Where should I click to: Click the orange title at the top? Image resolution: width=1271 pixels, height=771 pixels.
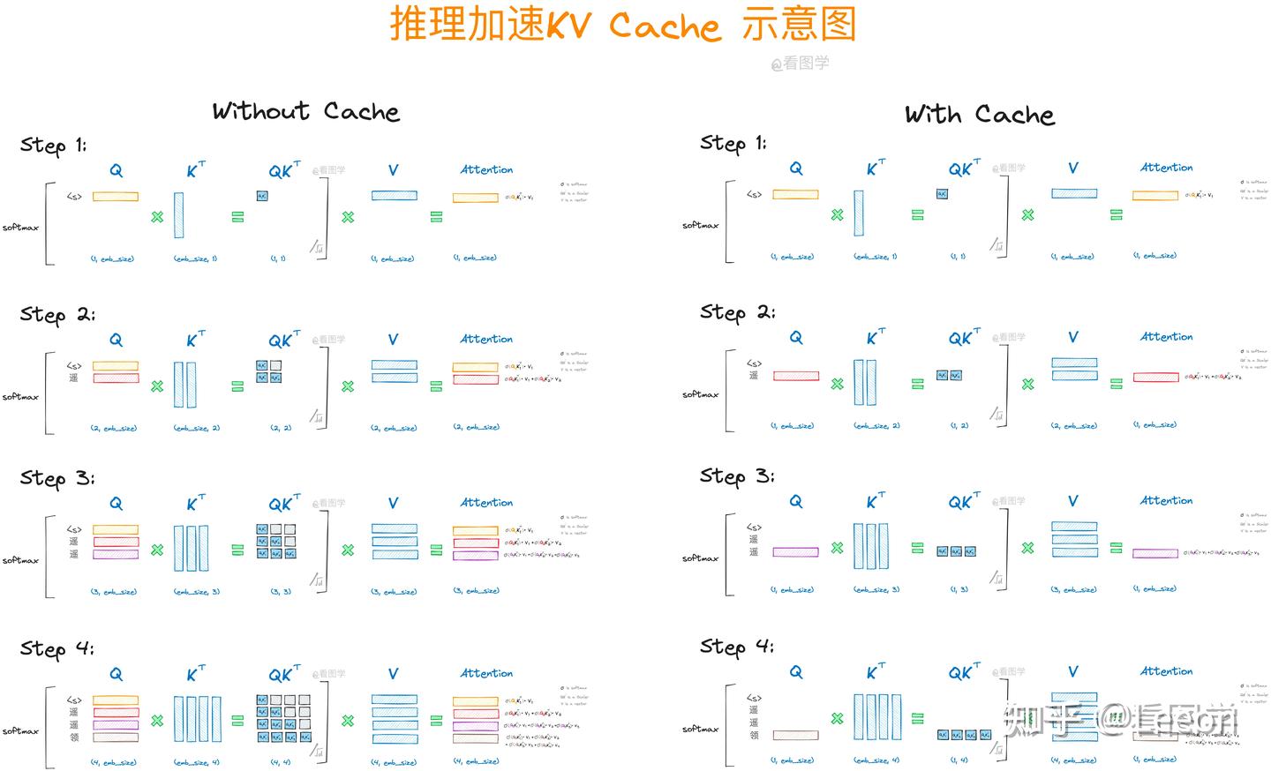click(623, 25)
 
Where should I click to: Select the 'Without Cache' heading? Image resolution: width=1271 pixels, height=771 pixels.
click(305, 112)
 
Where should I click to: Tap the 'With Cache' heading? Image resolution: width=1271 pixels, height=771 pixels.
click(979, 115)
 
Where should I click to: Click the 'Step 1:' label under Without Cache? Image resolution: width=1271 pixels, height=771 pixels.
click(54, 146)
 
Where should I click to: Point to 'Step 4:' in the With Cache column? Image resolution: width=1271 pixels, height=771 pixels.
click(737, 647)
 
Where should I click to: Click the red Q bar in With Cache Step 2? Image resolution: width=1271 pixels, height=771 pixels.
click(795, 376)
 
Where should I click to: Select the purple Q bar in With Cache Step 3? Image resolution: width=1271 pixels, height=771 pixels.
click(795, 552)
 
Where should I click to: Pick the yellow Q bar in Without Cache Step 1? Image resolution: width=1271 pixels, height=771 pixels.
click(116, 197)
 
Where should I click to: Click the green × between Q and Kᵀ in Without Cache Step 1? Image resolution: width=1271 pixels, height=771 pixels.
click(157, 217)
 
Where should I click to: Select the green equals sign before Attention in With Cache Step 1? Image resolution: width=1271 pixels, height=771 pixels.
click(1117, 214)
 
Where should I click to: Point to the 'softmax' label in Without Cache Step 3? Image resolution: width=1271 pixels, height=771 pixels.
click(20, 560)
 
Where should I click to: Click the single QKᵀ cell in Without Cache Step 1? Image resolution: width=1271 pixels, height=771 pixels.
click(262, 196)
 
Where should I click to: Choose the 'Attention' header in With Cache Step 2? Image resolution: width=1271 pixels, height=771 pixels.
click(1166, 337)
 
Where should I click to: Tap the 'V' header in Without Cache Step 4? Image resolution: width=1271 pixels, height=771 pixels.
click(393, 674)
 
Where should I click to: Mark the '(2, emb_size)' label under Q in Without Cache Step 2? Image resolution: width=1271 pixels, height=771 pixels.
click(113, 428)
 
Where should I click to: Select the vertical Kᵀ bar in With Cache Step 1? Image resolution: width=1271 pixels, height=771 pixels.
click(859, 213)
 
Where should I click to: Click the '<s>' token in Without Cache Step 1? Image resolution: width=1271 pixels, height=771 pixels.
click(74, 197)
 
